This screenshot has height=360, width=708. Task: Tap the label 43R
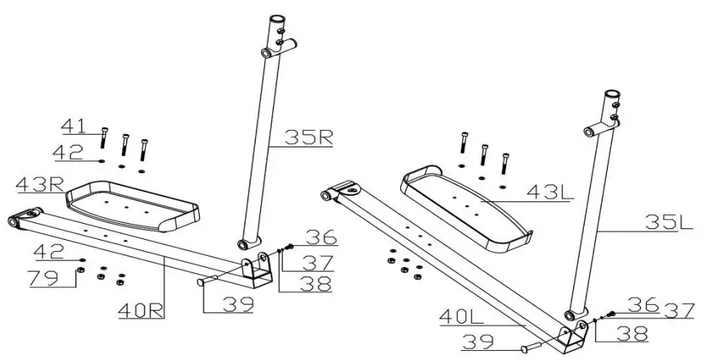[x=39, y=183]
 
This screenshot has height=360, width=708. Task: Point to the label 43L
[x=551, y=193]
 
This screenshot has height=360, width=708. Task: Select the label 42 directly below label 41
[x=69, y=154]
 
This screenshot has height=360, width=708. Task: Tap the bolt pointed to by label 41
[x=104, y=138]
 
